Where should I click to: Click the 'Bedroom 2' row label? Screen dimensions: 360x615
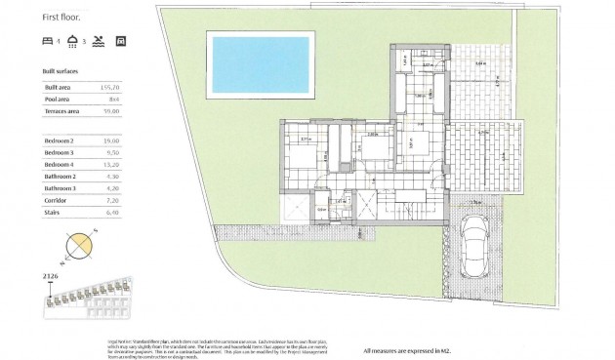(60, 141)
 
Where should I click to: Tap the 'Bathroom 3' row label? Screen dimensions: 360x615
(61, 187)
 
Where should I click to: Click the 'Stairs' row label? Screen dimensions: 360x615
(53, 210)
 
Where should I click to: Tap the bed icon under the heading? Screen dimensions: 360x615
(49, 42)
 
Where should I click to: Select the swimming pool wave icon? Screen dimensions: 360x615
(98, 42)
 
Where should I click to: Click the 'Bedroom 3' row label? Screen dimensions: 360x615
(60, 153)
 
